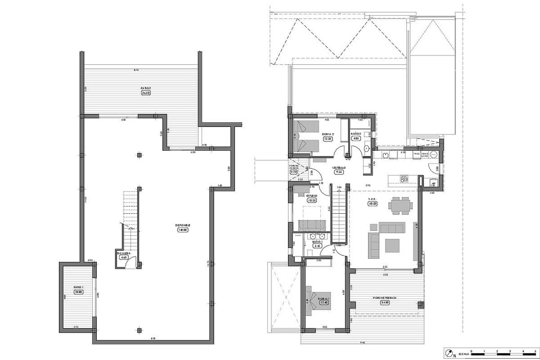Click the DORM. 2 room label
pyautogui.click(x=328, y=134)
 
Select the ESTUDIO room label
pyautogui.click(x=312, y=195)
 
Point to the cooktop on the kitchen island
pyautogui.click(x=404, y=179)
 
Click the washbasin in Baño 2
pyautogui.click(x=367, y=148)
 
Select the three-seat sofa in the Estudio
pyautogui.click(x=312, y=225)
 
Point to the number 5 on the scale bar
pyautogui.click(x=535, y=351)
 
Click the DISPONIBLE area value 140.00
pyautogui.click(x=183, y=229)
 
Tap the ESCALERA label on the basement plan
pyautogui.click(x=123, y=253)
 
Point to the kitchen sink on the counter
pyautogui.click(x=385, y=155)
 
